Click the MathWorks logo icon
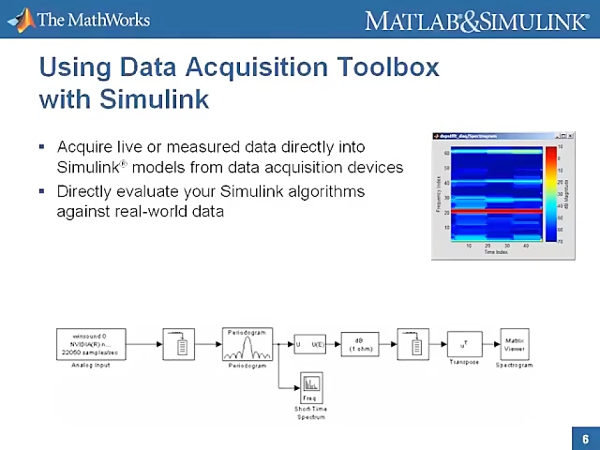click(x=21, y=20)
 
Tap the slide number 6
click(x=585, y=439)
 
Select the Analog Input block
click(x=91, y=344)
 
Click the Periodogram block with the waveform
click(x=247, y=344)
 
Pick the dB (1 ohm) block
click(x=360, y=345)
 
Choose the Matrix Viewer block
click(x=513, y=344)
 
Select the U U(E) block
click(x=310, y=345)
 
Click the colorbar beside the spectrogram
click(x=551, y=193)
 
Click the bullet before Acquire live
click(x=41, y=146)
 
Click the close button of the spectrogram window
click(x=571, y=136)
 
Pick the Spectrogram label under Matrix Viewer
click(x=513, y=365)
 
